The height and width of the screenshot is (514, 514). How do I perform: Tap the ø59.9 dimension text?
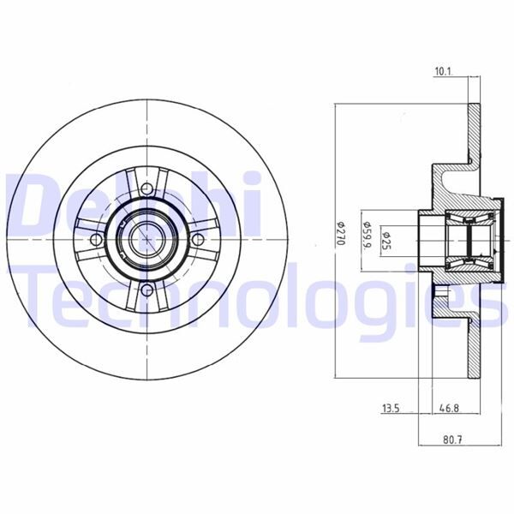[x=368, y=234]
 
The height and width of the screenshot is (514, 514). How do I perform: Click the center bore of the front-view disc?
[x=147, y=238]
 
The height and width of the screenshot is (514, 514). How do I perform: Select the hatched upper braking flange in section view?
[x=474, y=128]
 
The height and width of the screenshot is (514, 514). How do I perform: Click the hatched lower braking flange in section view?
[x=474, y=351]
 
